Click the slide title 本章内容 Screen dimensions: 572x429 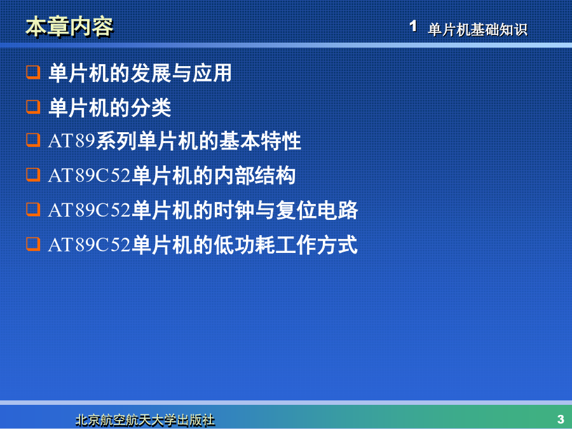click(x=69, y=27)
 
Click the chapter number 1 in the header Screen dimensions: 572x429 click(x=413, y=26)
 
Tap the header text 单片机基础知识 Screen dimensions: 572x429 click(x=477, y=29)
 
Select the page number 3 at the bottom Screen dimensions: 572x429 click(x=561, y=419)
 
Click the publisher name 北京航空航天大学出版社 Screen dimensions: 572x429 click(x=145, y=420)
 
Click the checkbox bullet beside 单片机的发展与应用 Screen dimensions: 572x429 click(x=33, y=72)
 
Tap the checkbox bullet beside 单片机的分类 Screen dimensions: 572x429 click(x=33, y=107)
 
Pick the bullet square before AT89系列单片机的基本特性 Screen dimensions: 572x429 click(x=33, y=140)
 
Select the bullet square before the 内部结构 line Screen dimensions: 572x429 click(x=33, y=174)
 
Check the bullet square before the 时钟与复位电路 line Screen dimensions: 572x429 click(x=33, y=209)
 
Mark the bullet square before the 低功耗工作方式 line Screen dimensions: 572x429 click(x=33, y=243)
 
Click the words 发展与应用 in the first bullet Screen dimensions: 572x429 click(x=180, y=73)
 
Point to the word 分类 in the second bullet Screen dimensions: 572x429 click(x=151, y=107)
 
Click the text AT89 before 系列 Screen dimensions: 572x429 click(x=71, y=140)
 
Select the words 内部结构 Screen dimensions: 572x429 click(x=254, y=175)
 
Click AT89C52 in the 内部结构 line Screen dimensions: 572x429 click(x=89, y=175)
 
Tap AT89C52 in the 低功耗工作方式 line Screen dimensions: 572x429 click(x=89, y=245)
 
